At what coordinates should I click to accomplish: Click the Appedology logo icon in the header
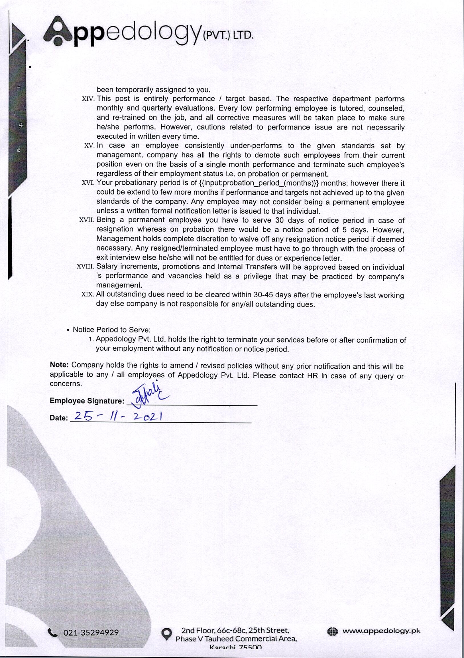point(58,31)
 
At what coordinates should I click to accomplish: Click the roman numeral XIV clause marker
point(88,99)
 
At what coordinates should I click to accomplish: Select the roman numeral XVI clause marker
point(88,183)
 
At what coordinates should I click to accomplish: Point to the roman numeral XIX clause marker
point(87,294)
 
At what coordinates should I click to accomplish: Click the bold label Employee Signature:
point(87,401)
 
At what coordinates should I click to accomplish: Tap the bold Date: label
point(59,418)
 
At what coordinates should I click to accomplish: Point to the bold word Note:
point(59,365)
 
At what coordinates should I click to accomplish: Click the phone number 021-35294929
point(91,633)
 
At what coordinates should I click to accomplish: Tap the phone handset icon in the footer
point(53,633)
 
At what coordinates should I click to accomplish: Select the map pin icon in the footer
point(167,634)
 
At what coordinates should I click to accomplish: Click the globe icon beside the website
point(332,631)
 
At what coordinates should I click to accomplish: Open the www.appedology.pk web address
point(381,631)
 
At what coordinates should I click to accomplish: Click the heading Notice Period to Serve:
point(112,330)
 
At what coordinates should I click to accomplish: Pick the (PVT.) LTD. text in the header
point(228,36)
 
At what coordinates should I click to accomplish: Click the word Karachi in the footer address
point(223,647)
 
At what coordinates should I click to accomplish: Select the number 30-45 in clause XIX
point(263,295)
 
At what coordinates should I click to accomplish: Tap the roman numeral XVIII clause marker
point(85,267)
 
